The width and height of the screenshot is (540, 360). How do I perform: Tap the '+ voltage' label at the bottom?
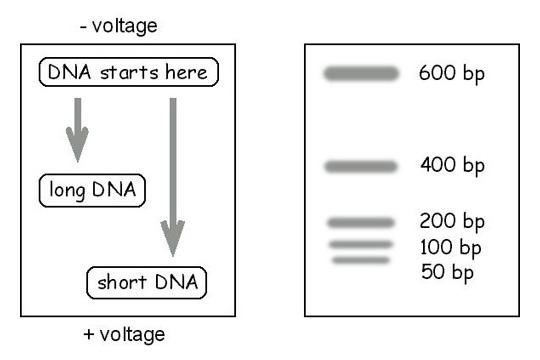pyautogui.click(x=124, y=333)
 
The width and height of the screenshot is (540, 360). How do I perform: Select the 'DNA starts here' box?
pyautogui.click(x=127, y=72)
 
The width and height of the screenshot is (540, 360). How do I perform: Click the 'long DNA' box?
pyautogui.click(x=91, y=190)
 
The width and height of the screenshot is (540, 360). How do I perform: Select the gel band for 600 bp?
pyautogui.click(x=360, y=73)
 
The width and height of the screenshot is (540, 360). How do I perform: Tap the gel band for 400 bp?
pyautogui.click(x=360, y=165)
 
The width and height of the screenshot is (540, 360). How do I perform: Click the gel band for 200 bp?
pyautogui.click(x=360, y=222)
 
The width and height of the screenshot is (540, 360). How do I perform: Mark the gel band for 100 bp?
pyautogui.click(x=360, y=244)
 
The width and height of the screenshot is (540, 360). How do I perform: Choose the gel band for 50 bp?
pyautogui.click(x=360, y=260)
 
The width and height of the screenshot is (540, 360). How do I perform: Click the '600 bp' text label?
pyautogui.click(x=450, y=75)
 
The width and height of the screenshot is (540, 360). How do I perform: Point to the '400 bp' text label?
pyautogui.click(x=450, y=166)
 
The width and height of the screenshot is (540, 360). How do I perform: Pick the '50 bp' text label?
pyautogui.click(x=445, y=270)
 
